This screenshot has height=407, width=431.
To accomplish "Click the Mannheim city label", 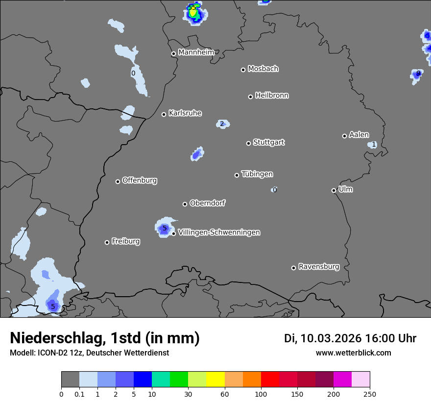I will pos(196,52).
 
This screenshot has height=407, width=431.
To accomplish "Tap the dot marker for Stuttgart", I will pos(248,143).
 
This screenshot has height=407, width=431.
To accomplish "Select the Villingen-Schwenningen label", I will pos(219,232).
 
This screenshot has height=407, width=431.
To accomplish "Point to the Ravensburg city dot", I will pos(293,268).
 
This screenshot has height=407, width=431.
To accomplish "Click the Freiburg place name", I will pos(125,241).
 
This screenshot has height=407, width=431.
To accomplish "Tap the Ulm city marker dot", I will pos(334,190).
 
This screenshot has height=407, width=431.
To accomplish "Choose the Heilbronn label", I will pos(272,95).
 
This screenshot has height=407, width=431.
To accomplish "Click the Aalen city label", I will pos(359,135).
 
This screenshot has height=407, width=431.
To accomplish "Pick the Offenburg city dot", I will pos(118,181).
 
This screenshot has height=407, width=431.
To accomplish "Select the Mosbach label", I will pos(263,69).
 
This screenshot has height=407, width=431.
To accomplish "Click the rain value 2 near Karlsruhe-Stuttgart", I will pos(222,124).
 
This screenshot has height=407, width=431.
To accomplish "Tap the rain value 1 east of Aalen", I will pos(374,144).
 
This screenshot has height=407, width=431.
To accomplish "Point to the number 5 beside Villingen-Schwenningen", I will pos(165,228).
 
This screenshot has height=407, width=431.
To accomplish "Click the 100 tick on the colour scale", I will pos(261,393).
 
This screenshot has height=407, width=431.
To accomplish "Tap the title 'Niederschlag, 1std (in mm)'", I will pos(105,338).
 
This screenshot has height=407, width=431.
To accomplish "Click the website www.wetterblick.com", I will pos(354,353).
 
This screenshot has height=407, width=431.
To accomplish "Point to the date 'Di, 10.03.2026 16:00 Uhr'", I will pos(350,338).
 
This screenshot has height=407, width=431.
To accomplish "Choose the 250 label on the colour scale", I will pos(370,393).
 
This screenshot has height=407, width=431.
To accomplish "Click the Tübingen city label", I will pos(257,174).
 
